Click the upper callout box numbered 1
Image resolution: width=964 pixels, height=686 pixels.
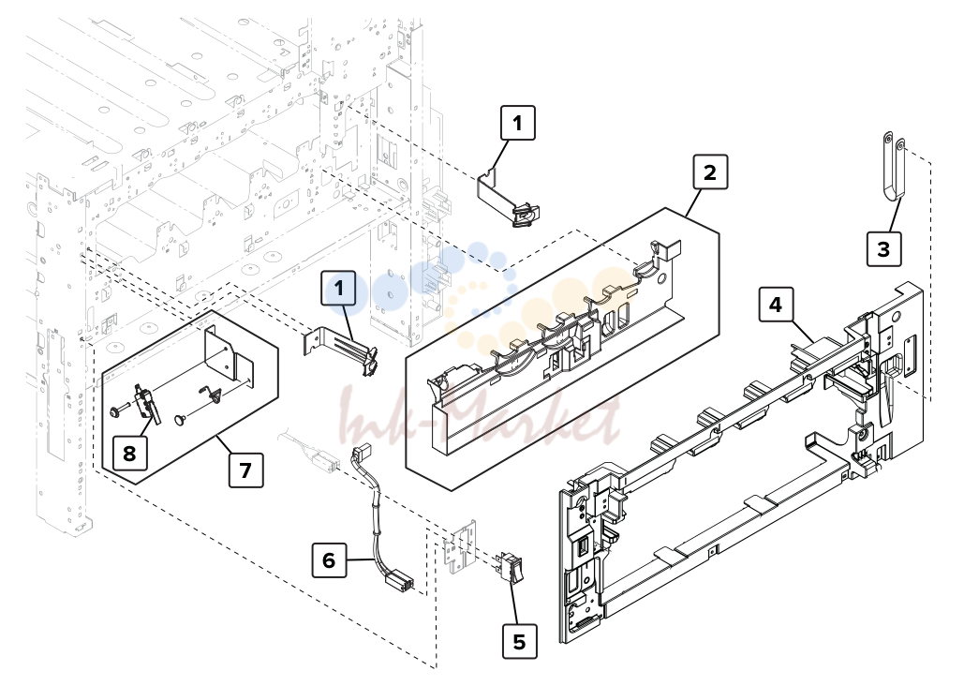pyautogui.click(x=518, y=123)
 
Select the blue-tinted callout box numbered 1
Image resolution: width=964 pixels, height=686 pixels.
pyautogui.click(x=339, y=288)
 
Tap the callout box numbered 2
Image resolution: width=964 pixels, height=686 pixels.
pyautogui.click(x=710, y=171)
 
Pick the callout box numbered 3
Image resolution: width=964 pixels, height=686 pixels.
pyautogui.click(x=883, y=248)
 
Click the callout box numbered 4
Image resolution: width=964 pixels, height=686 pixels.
pyautogui.click(x=776, y=304)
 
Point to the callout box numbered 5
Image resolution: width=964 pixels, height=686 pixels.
pyautogui.click(x=520, y=641)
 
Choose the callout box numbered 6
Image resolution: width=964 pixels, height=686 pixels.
pyautogui.click(x=329, y=559)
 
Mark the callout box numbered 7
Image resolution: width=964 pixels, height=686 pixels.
pyautogui.click(x=245, y=470)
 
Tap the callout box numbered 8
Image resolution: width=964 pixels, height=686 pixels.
pyautogui.click(x=129, y=453)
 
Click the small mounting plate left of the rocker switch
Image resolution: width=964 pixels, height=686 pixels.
pyautogui.click(x=461, y=546)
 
